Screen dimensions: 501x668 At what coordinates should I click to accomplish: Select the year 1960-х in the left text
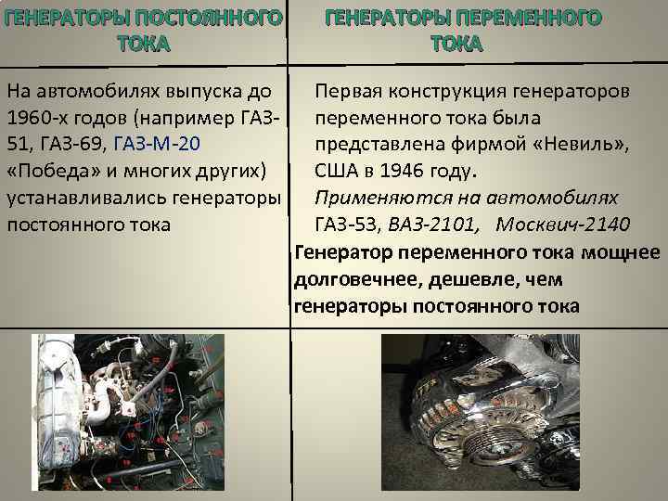click(x=37, y=118)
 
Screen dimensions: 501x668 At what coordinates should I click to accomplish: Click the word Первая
click(x=347, y=92)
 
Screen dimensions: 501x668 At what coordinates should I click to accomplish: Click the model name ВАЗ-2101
click(x=433, y=225)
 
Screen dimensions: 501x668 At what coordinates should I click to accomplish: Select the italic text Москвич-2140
click(x=563, y=225)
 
